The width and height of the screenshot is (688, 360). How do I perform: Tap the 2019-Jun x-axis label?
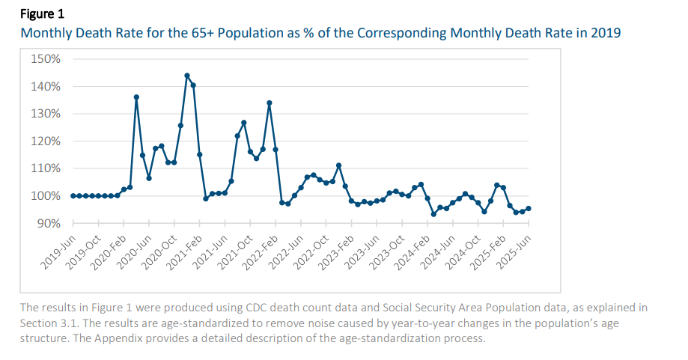(x=57, y=253)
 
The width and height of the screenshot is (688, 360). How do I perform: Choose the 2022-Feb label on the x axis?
(x=260, y=253)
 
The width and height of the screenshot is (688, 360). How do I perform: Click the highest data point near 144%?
(x=186, y=76)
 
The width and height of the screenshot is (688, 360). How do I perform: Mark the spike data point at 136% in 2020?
(x=136, y=97)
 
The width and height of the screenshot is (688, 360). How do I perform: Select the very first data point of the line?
(x=73, y=196)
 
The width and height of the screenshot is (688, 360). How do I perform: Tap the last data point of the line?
(x=529, y=209)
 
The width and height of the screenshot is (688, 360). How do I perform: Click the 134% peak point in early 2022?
(x=269, y=103)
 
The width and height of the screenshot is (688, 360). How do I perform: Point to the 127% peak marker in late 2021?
(x=243, y=123)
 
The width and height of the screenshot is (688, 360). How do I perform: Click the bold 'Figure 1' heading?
(x=42, y=13)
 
